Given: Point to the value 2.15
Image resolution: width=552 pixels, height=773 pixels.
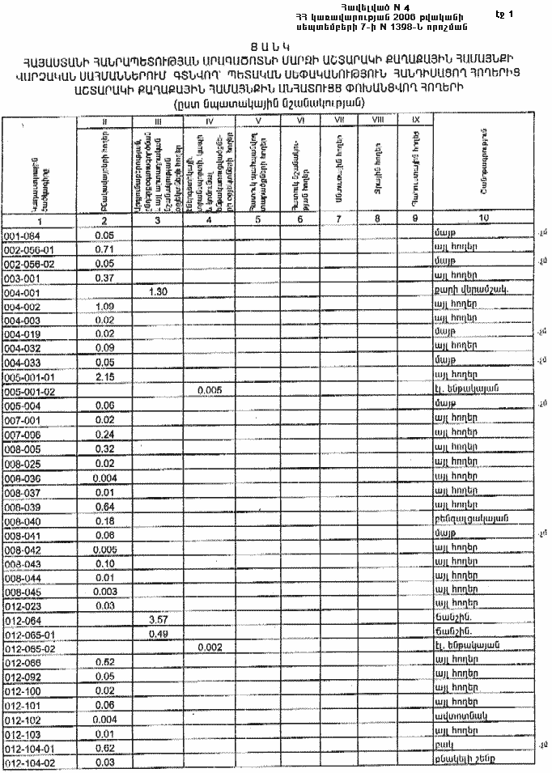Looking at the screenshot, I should click(105, 375).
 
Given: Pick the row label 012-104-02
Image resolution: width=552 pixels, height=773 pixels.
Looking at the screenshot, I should click(30, 763).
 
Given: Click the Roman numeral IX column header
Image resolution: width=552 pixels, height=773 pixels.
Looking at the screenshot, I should click(416, 120).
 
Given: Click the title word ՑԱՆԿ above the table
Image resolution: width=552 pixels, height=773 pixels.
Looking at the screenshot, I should click(275, 47).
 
